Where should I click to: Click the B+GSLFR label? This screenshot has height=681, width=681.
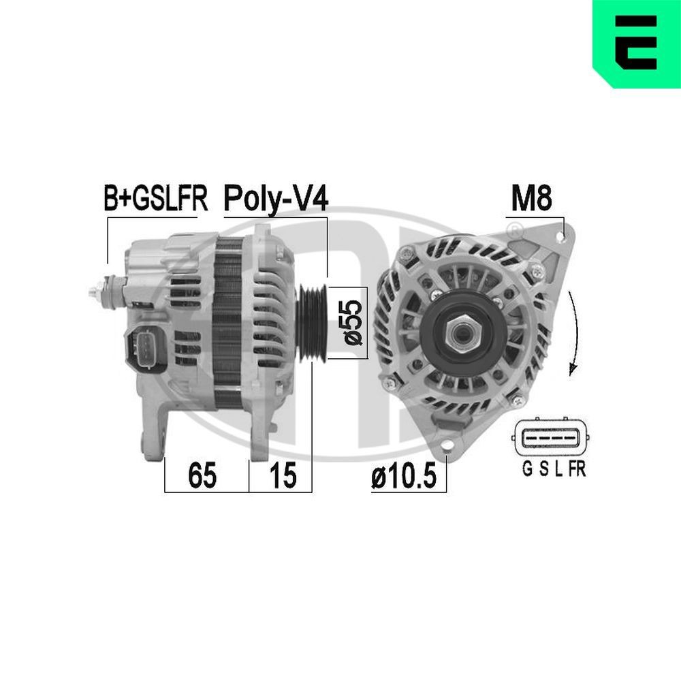click(155, 198)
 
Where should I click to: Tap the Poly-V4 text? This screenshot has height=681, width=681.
click(276, 199)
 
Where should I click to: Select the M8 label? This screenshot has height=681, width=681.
click(531, 198)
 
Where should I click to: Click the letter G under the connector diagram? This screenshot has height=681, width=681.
click(526, 469)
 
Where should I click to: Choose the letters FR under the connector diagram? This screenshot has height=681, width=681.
click(577, 469)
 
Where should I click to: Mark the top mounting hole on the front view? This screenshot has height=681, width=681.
click(559, 236)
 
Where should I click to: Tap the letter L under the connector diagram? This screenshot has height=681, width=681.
click(558, 469)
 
